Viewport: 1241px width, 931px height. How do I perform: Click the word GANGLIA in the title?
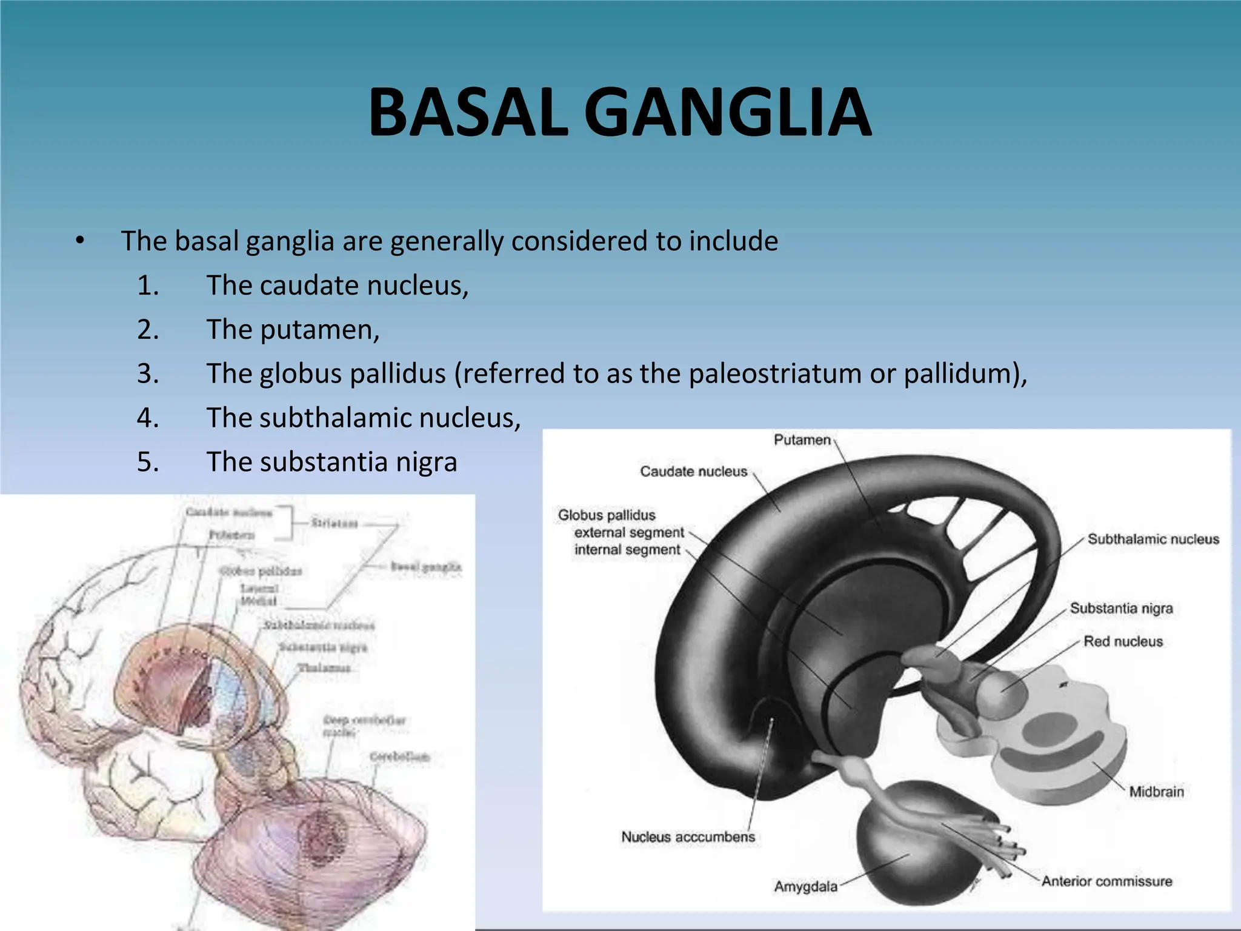(728, 113)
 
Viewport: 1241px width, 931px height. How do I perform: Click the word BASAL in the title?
(468, 113)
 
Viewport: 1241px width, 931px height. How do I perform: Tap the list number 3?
(148, 373)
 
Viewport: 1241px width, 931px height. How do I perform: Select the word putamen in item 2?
(319, 330)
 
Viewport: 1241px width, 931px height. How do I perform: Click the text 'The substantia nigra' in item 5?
(331, 462)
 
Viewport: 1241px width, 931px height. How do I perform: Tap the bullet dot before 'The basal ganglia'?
(79, 241)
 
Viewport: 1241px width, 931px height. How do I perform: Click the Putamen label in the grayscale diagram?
(802, 440)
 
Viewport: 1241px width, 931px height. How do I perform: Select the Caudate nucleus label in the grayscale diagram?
(693, 472)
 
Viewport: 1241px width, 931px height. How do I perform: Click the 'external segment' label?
(628, 533)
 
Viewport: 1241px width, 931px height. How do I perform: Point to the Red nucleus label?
(1123, 641)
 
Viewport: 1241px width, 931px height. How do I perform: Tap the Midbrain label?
(1156, 792)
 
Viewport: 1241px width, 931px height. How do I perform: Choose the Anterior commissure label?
(1106, 881)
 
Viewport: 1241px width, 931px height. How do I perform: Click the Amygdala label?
(805, 887)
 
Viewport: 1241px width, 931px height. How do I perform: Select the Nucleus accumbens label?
(688, 837)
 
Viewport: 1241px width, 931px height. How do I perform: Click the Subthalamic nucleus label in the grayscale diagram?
(1153, 539)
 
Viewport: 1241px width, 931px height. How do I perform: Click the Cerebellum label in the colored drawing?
(399, 757)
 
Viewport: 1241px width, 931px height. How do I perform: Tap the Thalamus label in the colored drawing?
(324, 668)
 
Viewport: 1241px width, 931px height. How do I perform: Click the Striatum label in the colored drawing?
(334, 523)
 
